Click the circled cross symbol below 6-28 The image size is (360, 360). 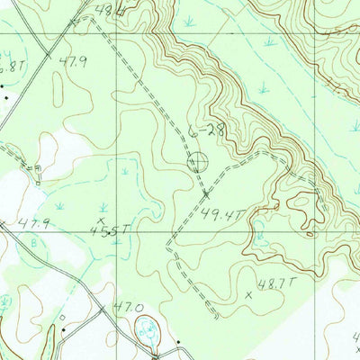197,163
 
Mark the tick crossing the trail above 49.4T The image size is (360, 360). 206,192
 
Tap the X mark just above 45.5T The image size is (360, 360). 101,218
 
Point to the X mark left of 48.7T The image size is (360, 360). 248,294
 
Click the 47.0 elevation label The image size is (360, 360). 127,307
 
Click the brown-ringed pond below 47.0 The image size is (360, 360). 147,333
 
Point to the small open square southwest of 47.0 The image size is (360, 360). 62,318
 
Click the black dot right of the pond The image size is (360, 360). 178,342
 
